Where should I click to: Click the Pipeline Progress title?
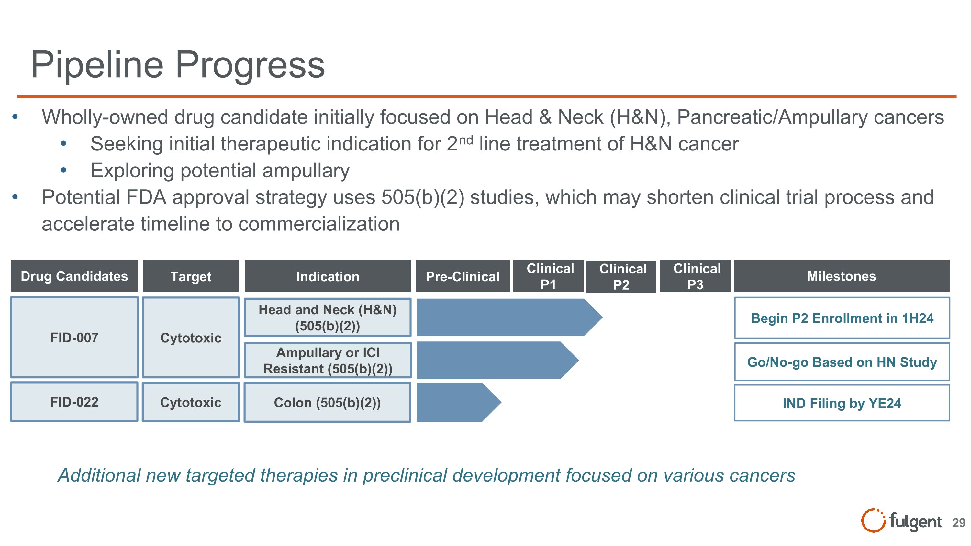point(177,65)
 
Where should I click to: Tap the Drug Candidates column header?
point(74,276)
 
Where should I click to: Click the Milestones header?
point(841,276)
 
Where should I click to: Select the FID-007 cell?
point(74,338)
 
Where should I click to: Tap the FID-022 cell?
point(74,402)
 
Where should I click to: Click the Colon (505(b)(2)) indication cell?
point(327,402)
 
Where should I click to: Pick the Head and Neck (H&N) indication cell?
point(327,317)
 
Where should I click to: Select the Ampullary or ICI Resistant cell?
point(327,361)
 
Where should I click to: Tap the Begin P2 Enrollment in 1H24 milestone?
point(842,318)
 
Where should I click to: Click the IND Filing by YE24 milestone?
point(842,403)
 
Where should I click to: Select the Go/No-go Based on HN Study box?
point(842,362)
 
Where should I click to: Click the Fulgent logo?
point(901,521)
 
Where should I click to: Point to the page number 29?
point(959,523)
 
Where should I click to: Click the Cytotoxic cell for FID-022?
point(191,402)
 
